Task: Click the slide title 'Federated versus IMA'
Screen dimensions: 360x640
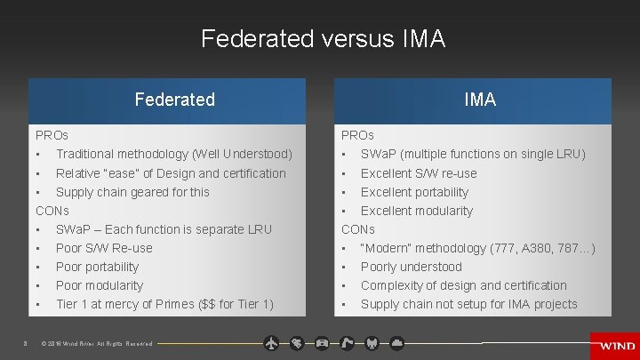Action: tap(323, 39)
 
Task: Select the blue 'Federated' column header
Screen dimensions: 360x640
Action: tap(175, 100)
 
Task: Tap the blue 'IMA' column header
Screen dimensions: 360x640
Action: tap(480, 100)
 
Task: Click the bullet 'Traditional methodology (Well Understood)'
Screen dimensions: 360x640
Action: tap(174, 155)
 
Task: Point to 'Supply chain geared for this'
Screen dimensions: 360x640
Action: tap(132, 192)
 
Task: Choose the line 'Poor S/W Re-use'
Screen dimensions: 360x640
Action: tap(104, 248)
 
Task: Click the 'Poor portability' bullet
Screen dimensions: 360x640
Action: tap(97, 267)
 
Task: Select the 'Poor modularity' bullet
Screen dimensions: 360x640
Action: tap(99, 285)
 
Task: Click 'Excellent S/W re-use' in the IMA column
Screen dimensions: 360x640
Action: tap(419, 173)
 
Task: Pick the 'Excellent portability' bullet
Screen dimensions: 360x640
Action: tap(414, 192)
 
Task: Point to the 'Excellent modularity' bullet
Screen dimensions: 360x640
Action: tap(417, 211)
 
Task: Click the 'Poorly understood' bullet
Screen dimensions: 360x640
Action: tap(412, 267)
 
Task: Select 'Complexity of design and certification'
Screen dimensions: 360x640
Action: tap(463, 285)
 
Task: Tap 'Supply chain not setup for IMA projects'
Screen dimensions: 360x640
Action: tap(468, 304)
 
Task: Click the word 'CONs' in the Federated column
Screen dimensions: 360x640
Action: tap(52, 211)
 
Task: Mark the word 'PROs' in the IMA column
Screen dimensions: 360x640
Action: tap(358, 136)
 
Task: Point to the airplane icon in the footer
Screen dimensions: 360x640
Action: tap(272, 342)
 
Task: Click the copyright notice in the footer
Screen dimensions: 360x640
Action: tap(97, 344)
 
